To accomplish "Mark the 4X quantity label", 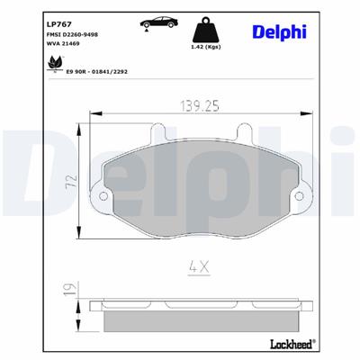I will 198,267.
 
